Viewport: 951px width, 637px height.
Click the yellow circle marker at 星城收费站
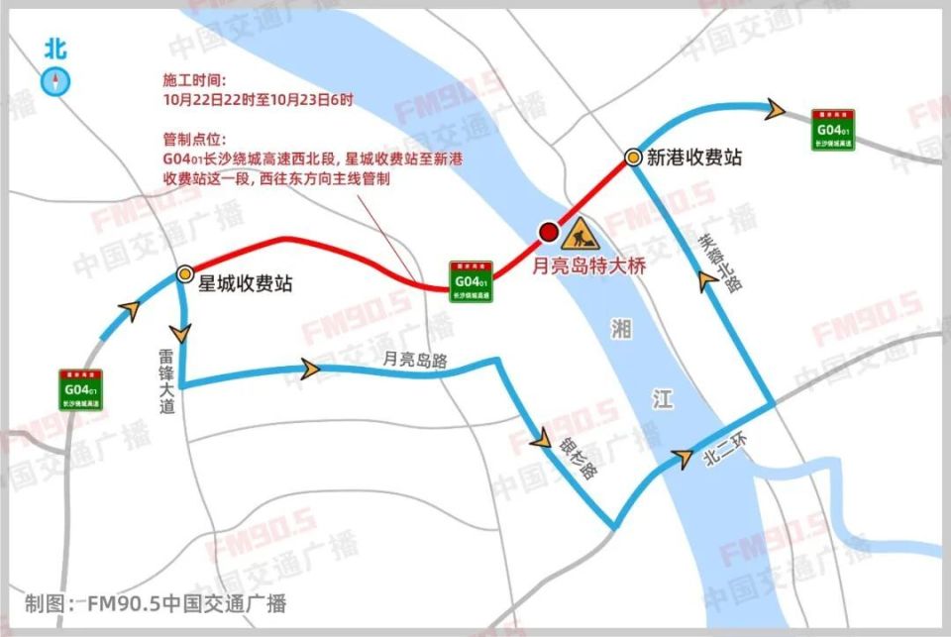(x=184, y=273)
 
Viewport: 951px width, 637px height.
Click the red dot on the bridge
(x=548, y=232)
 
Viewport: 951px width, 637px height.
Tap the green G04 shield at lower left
(x=81, y=389)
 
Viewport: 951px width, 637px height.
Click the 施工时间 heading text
(x=195, y=80)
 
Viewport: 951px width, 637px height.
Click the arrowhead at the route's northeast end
(x=779, y=109)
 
